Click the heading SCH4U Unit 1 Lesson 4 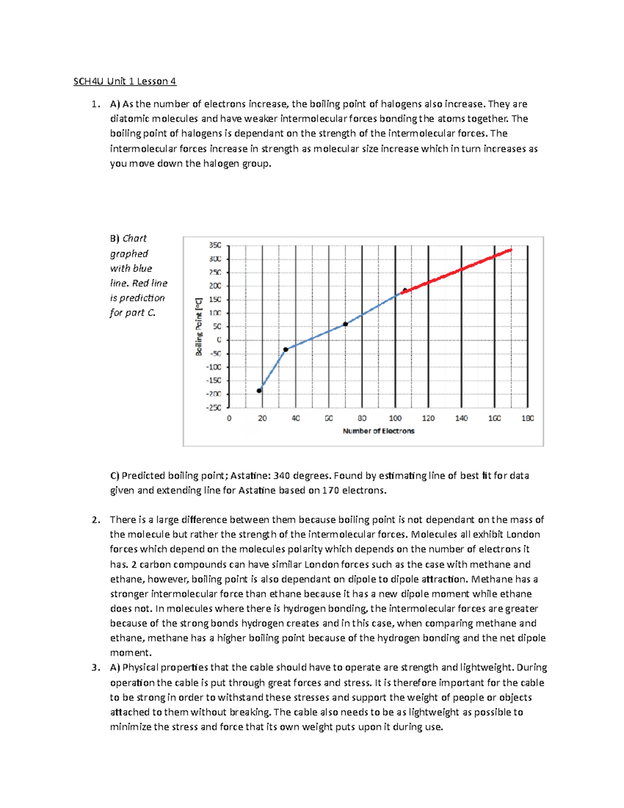(x=125, y=81)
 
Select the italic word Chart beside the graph (x=135, y=238)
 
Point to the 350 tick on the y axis (x=215, y=245)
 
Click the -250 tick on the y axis (x=213, y=408)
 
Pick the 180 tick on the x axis (x=527, y=418)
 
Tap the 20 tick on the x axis (x=262, y=418)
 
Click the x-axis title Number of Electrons (x=379, y=431)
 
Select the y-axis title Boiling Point (x=199, y=327)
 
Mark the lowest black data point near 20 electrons (x=259, y=391)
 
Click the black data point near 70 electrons (x=345, y=324)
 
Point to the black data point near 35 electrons (x=285, y=350)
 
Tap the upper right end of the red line (x=511, y=250)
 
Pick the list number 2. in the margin (x=95, y=520)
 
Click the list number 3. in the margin (x=95, y=668)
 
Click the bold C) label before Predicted (x=114, y=476)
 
